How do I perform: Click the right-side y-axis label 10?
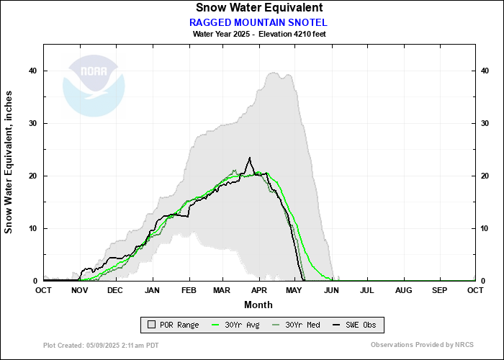[x=485, y=228]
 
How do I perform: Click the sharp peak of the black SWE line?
[x=250, y=158]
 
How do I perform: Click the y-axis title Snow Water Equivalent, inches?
[x=9, y=162]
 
